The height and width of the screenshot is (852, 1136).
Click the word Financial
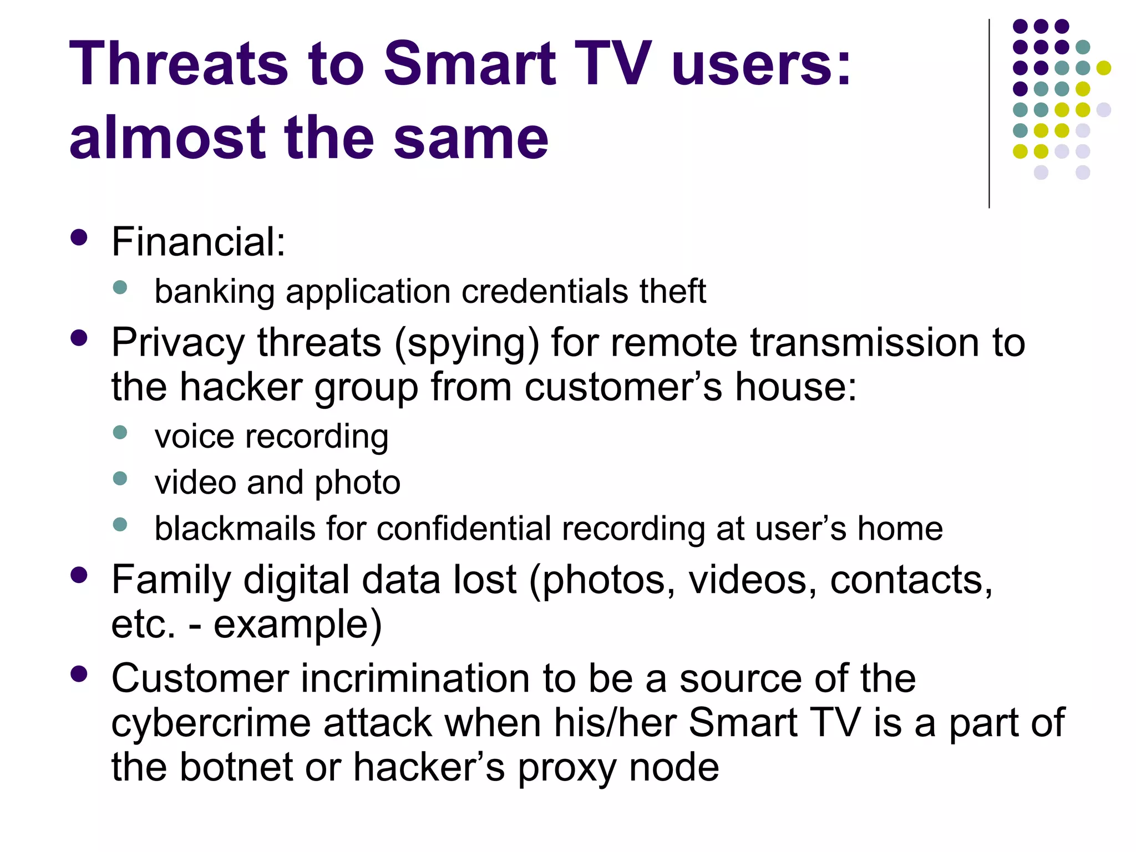(x=198, y=242)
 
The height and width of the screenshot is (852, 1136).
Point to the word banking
(x=214, y=292)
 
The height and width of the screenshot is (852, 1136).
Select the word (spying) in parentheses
(x=466, y=343)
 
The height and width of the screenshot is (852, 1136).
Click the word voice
(x=194, y=437)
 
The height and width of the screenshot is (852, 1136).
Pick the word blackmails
(x=235, y=528)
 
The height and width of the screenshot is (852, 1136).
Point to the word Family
(x=171, y=580)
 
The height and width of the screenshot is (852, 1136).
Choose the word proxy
(x=567, y=769)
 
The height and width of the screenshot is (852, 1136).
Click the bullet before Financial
(x=79, y=238)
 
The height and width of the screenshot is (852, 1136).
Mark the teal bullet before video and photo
(x=120, y=479)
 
